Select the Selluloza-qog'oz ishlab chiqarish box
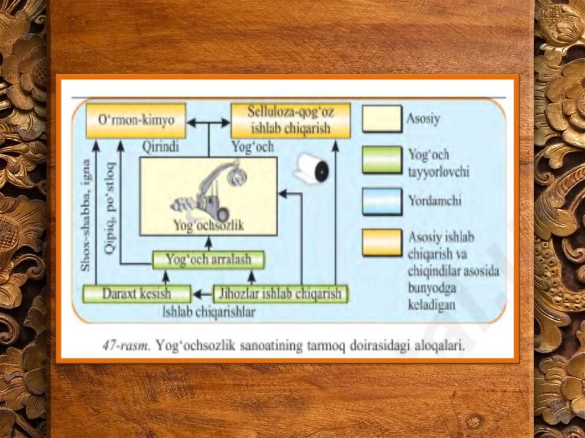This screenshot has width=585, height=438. [x=290, y=120]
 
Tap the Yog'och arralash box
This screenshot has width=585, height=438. [x=209, y=260]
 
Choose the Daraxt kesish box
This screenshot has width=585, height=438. [x=137, y=294]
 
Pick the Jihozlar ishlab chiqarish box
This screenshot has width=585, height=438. [x=280, y=294]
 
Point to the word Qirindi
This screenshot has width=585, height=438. [x=160, y=147]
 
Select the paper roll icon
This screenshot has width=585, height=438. [x=312, y=168]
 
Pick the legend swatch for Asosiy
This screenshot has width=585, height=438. [x=382, y=119]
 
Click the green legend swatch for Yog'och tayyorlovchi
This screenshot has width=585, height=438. [x=382, y=160]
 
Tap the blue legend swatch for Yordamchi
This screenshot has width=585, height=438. [x=382, y=201]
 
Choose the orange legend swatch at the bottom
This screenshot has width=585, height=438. [x=382, y=242]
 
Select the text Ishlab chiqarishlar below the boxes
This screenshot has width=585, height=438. [x=209, y=312]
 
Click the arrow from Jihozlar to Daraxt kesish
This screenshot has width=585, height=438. [x=202, y=295]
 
